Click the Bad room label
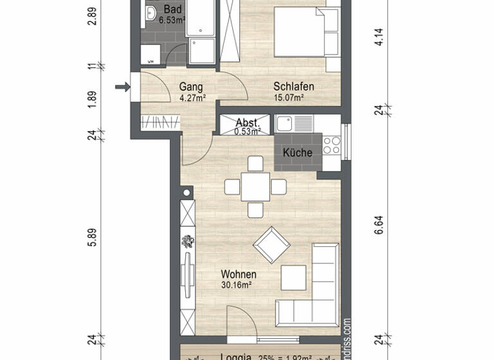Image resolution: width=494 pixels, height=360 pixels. point(172,10)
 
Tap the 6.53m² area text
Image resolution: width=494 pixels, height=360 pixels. point(172,21)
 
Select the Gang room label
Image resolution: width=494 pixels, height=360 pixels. point(191,87)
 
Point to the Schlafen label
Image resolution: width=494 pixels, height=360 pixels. point(293,87)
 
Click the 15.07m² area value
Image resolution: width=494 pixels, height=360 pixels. point(289,98)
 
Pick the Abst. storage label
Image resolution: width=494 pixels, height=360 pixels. point(248,123)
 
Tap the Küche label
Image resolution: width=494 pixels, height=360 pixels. point(297,153)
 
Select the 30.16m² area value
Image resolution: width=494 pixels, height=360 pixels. point(236,285)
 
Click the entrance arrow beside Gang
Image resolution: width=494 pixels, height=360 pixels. point(121,87)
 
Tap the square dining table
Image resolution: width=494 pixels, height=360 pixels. point(255,187)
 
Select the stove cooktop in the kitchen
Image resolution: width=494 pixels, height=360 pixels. point(331,145)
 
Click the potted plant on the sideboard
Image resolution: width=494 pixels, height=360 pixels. point(188,242)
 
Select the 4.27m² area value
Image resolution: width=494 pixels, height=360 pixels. point(192,98)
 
